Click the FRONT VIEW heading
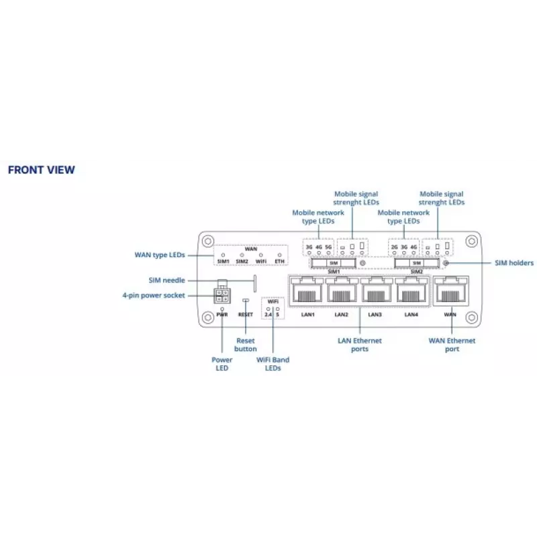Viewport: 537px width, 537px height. [x=42, y=170]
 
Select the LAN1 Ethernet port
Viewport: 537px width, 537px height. [x=307, y=290]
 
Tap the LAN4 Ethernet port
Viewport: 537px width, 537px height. [x=411, y=290]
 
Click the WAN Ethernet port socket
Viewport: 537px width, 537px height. [x=450, y=291]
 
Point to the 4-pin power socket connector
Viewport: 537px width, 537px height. [x=222, y=295]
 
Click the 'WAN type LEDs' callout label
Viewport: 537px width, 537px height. [x=160, y=255]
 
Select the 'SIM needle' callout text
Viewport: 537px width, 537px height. [x=166, y=280]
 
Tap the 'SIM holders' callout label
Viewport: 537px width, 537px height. [x=514, y=263]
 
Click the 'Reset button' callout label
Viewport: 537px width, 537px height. [x=246, y=345]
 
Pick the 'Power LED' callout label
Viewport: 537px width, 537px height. [x=222, y=364]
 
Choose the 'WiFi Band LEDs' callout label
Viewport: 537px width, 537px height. [x=273, y=364]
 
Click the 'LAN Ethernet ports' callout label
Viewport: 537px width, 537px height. [x=360, y=345]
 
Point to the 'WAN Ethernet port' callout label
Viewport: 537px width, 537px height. [x=452, y=345]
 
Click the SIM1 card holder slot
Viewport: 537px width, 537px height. [x=334, y=263]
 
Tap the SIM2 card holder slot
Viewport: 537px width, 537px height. [x=417, y=263]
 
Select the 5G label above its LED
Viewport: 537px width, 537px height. [x=328, y=247]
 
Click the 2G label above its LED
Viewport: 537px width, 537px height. [x=395, y=247]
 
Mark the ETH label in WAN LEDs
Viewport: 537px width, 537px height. [x=279, y=261]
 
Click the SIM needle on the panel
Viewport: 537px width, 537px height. [x=255, y=283]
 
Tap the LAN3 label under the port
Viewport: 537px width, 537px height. [x=375, y=314]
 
